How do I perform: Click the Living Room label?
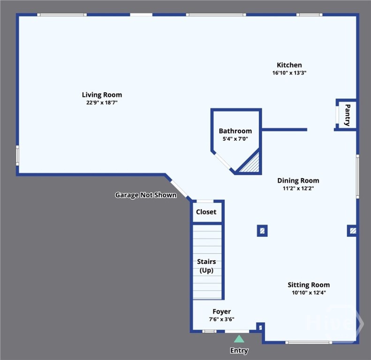click(x=102, y=95)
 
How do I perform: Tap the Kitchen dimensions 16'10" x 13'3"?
click(x=289, y=73)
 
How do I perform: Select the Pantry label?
click(x=347, y=115)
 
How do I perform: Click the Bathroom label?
click(x=235, y=131)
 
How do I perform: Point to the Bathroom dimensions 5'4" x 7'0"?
click(x=235, y=139)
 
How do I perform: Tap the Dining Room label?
click(x=298, y=180)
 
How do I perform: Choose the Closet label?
click(x=206, y=212)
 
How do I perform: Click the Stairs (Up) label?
click(x=206, y=266)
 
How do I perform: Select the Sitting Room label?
click(x=308, y=285)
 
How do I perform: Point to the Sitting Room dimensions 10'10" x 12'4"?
click(x=308, y=292)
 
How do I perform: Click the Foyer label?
click(x=221, y=311)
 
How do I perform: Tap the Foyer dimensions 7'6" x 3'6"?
click(x=221, y=319)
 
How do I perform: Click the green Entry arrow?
click(x=239, y=339)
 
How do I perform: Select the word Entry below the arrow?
click(x=239, y=351)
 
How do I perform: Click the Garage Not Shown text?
click(x=146, y=195)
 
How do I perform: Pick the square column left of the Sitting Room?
click(x=262, y=231)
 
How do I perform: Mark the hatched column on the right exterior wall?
click(x=353, y=231)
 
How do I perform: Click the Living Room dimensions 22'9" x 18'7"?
click(x=102, y=103)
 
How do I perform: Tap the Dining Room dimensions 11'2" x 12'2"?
click(x=298, y=188)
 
